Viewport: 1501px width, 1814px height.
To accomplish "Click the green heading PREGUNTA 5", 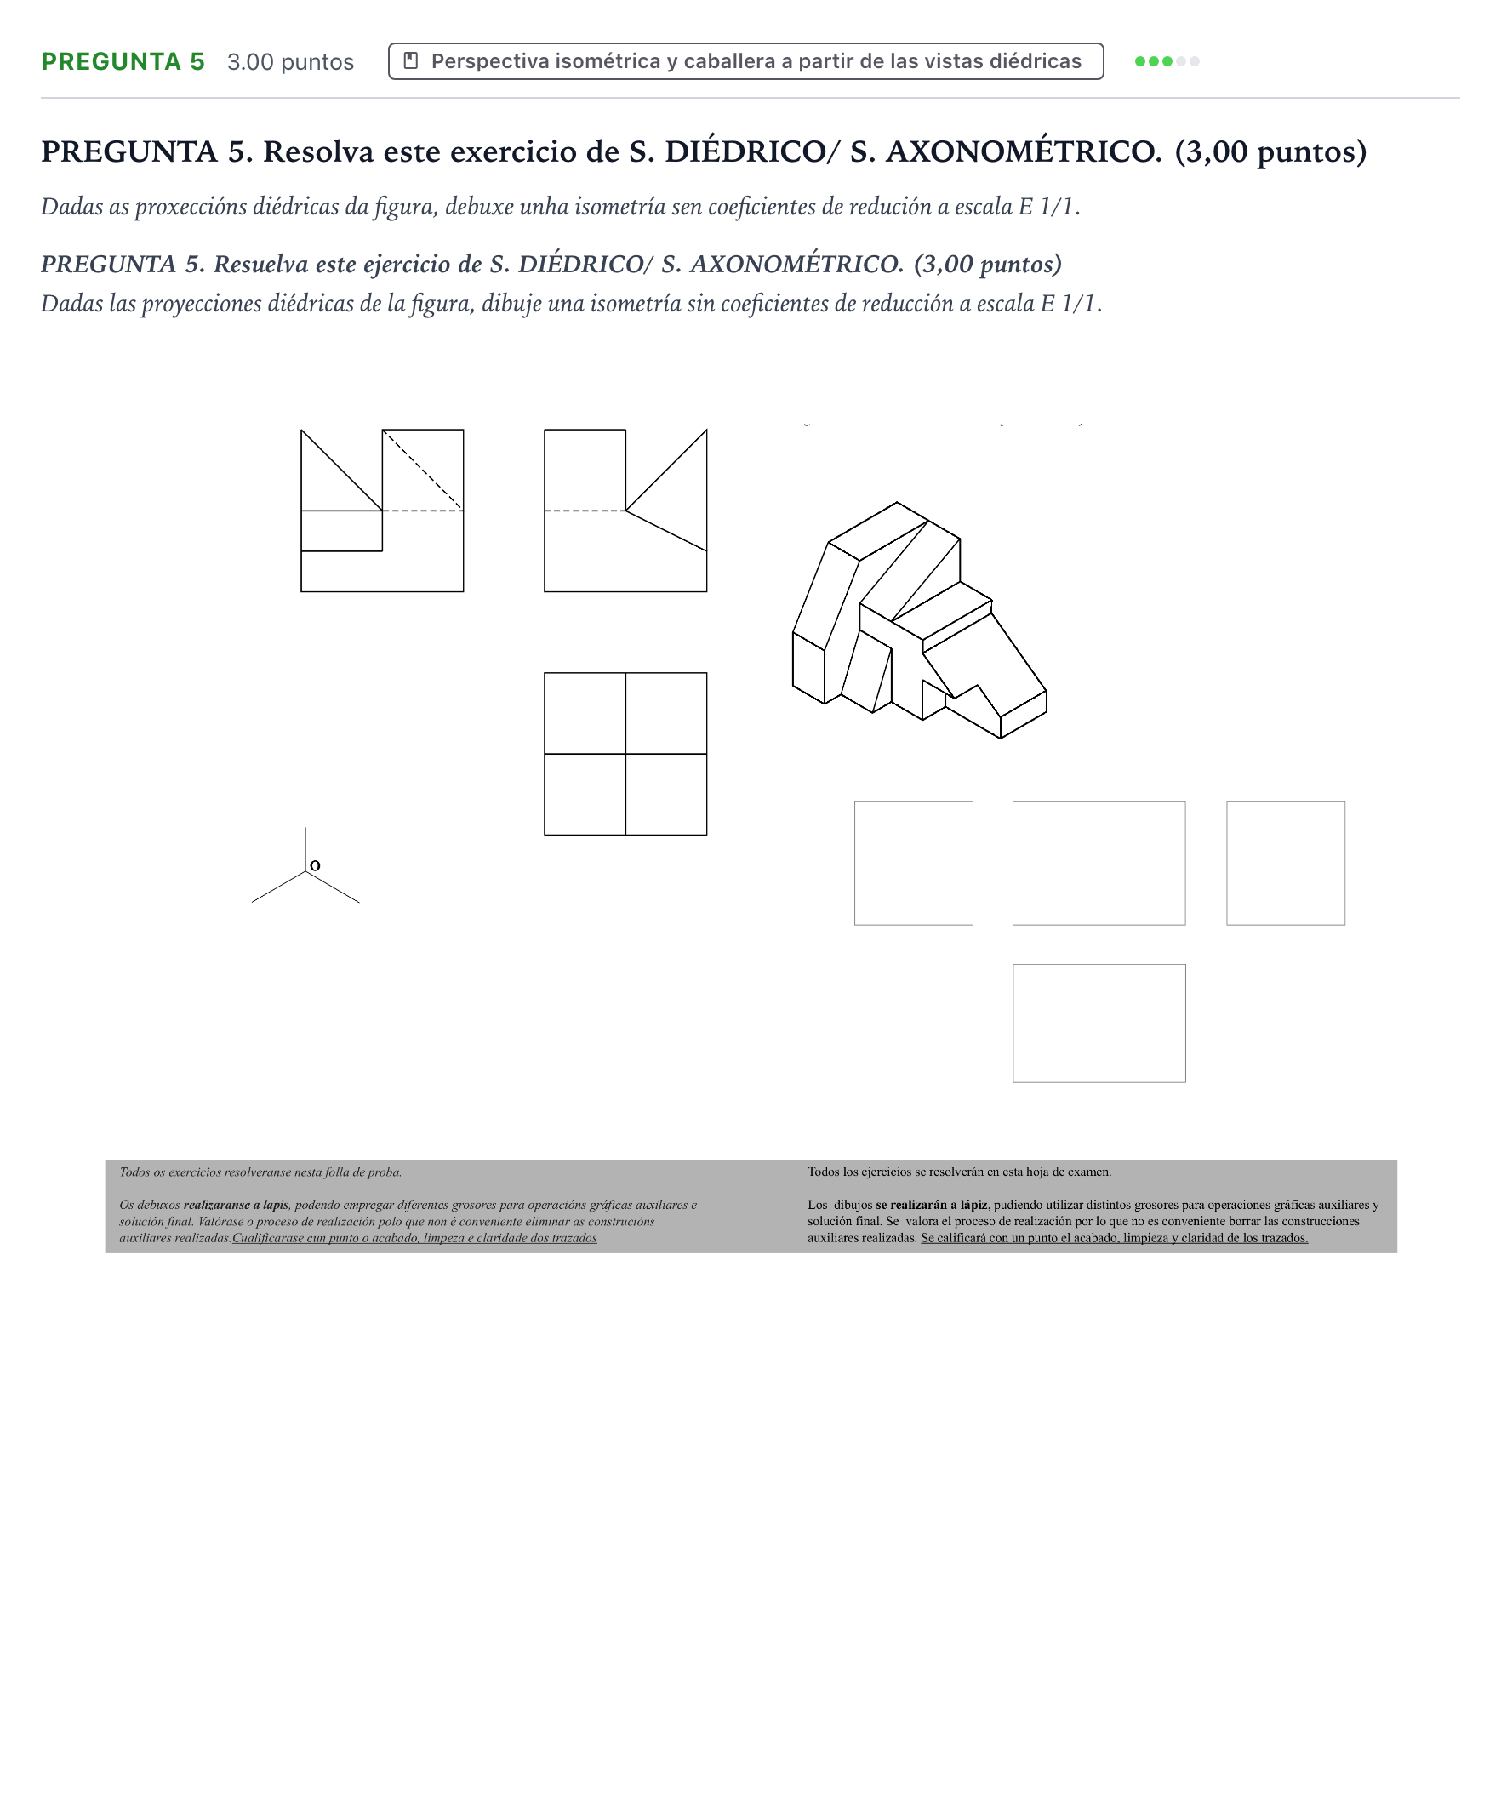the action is pyautogui.click(x=123, y=61).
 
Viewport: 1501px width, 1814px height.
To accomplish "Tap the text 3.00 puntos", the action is pyautogui.click(x=290, y=62).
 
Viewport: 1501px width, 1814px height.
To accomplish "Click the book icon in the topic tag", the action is pyautogui.click(x=411, y=60).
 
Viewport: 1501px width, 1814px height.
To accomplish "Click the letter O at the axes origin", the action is pyautogui.click(x=315, y=864).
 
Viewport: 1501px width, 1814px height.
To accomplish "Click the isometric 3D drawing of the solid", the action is pyautogui.click(x=919, y=620).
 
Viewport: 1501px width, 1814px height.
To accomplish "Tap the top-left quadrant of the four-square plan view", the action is pyautogui.click(x=585, y=714).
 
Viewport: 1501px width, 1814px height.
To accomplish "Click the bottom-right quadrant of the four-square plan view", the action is pyautogui.click(x=666, y=795).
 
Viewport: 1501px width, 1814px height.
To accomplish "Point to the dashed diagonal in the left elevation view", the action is pyautogui.click(x=422, y=470).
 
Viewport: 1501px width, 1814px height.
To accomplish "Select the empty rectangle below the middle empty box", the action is pyautogui.click(x=1099, y=1023).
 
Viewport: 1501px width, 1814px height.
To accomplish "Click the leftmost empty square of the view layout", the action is pyautogui.click(x=913, y=863).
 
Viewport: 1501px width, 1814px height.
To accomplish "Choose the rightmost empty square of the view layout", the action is pyautogui.click(x=1285, y=863).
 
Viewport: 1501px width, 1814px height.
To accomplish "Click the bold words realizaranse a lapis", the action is pyautogui.click(x=236, y=1205).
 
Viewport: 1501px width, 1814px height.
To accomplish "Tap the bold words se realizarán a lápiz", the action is pyautogui.click(x=931, y=1205).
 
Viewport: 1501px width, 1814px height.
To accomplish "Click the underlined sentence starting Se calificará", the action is pyautogui.click(x=1114, y=1238).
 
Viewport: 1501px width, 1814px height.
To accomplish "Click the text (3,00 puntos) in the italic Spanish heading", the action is pyautogui.click(x=988, y=264).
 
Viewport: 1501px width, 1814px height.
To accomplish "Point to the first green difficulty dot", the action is pyautogui.click(x=1140, y=61).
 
